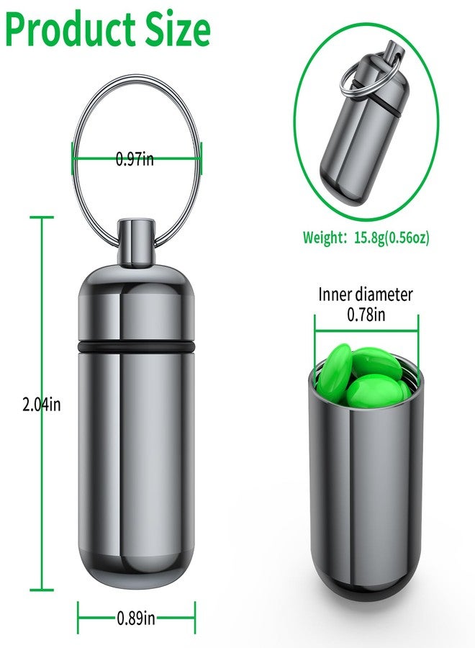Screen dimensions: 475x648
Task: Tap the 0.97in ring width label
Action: point(135,158)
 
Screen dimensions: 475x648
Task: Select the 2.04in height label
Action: point(41,404)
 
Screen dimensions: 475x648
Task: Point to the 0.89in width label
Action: point(136,618)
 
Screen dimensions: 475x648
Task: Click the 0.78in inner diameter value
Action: point(366,315)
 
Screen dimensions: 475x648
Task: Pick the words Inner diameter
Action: point(366,294)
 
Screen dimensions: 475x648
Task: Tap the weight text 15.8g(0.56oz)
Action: point(392,238)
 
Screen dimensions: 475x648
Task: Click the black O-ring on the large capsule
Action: point(136,346)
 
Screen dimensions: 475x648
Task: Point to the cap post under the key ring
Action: point(136,242)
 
